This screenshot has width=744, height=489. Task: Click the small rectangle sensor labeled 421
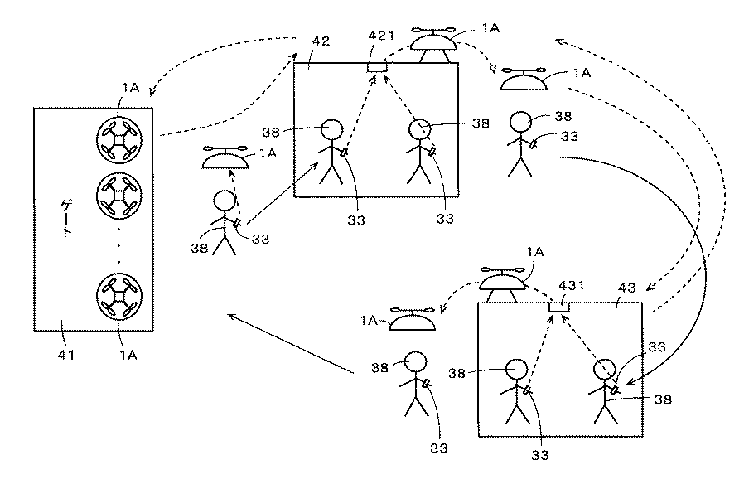pos(379,66)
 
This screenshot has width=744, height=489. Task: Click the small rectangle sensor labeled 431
pos(559,307)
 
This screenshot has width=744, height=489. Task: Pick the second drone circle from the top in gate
pos(118,195)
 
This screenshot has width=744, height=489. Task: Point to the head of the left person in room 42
pos(331,130)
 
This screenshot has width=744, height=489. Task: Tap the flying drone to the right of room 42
pos(521,79)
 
